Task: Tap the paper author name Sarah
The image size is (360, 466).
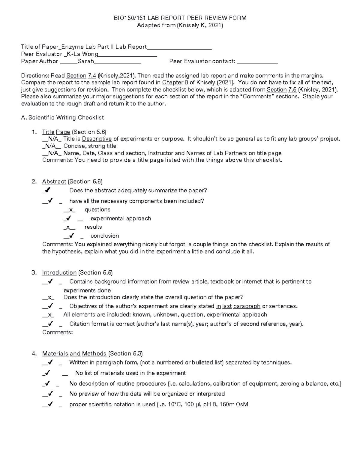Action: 85,61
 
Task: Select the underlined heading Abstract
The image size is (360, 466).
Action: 54,182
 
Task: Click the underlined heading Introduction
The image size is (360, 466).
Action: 59,272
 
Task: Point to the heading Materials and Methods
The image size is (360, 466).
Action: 74,353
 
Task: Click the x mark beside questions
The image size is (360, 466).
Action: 70,210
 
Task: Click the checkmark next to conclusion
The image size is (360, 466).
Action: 71,236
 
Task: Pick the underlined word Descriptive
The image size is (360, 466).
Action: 97,139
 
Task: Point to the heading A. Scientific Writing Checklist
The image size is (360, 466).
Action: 62,118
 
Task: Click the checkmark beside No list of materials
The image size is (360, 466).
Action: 47,373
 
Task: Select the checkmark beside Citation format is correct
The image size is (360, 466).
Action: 50,324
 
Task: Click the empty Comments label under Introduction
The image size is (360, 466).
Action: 57,332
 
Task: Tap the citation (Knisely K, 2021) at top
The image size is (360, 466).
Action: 200,26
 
